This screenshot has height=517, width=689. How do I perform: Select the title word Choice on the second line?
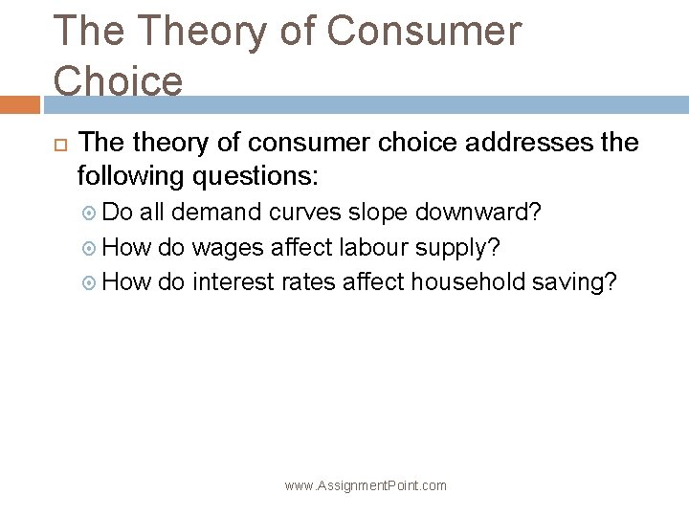(119, 80)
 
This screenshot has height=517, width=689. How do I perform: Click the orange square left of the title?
(19, 102)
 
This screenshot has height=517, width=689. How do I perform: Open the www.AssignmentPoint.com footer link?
(366, 485)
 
